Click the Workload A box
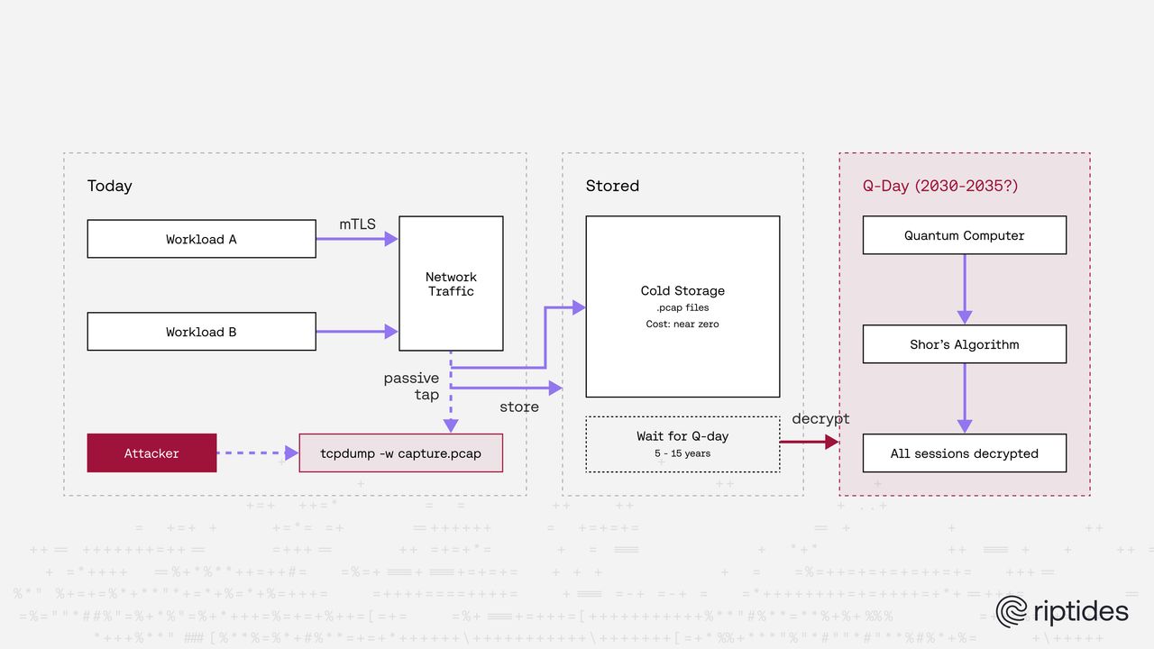point(201,239)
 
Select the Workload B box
point(201,332)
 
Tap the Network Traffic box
point(451,284)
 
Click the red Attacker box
point(151,453)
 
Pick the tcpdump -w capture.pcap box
point(400,453)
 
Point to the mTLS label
point(357,224)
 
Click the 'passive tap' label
point(412,386)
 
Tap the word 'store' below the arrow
point(519,407)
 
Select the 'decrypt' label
point(820,419)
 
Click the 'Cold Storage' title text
point(682,290)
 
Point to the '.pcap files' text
point(682,308)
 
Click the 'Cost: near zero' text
point(682,324)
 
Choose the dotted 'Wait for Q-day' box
point(682,443)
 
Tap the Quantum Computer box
point(964,235)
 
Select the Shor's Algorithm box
point(964,344)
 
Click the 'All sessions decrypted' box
point(964,453)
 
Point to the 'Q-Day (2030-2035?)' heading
point(940,186)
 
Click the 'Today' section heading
point(109,186)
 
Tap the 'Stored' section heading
point(612,186)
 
